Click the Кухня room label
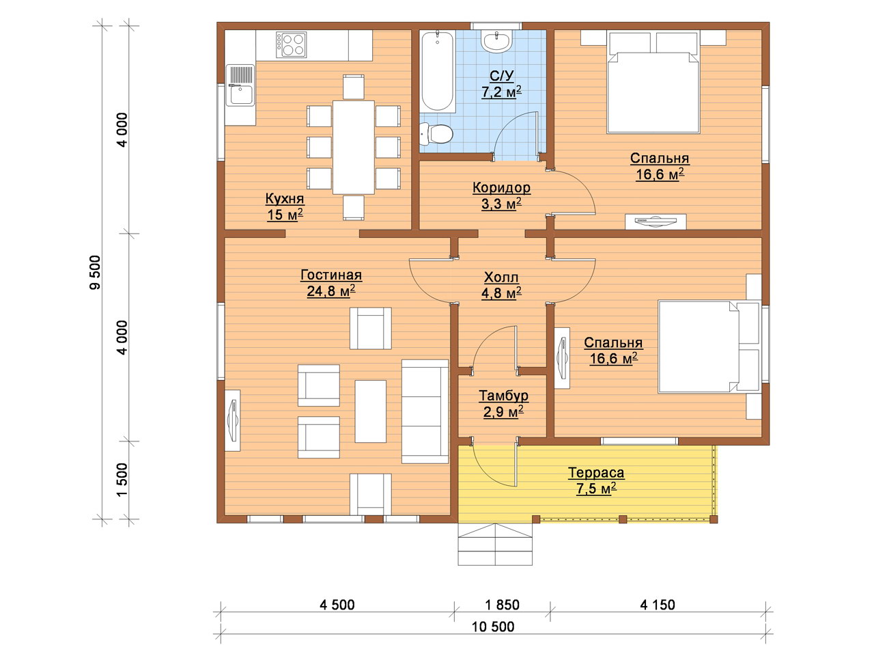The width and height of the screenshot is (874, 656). point(284,198)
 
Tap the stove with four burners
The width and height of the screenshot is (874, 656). point(291,44)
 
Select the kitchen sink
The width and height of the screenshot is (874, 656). point(240,85)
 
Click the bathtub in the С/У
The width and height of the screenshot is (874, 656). point(437,71)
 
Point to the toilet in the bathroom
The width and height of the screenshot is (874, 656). point(436,133)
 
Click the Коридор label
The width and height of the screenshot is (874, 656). point(501,188)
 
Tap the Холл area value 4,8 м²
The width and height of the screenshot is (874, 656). point(501,293)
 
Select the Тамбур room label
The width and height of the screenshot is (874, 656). point(503,396)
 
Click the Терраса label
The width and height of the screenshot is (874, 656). point(596,472)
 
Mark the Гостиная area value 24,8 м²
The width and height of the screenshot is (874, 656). point(331,291)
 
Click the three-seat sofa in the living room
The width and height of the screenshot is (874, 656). point(425,411)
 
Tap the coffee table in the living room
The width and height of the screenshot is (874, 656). point(370,411)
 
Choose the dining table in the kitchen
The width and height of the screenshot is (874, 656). point(353,148)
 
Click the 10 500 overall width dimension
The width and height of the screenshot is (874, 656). point(493,627)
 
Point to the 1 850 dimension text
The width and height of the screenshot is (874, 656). point(502,605)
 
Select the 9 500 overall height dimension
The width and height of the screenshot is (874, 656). point(95,273)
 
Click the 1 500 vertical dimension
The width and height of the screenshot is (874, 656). point(123,480)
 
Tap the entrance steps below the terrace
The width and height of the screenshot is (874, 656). point(495,544)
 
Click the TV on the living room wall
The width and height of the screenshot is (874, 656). point(233,420)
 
